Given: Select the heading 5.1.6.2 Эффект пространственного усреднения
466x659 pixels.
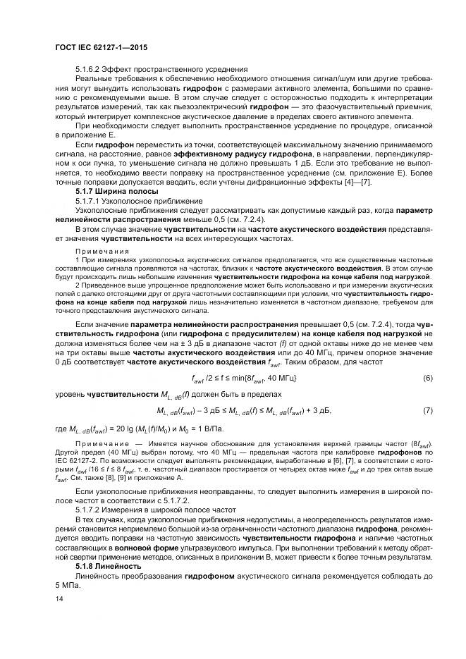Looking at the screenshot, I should pos(161,69).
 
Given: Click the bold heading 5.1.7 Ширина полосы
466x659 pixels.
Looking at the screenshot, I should pos(116,191).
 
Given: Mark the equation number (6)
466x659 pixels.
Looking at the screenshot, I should pos(427,379).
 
